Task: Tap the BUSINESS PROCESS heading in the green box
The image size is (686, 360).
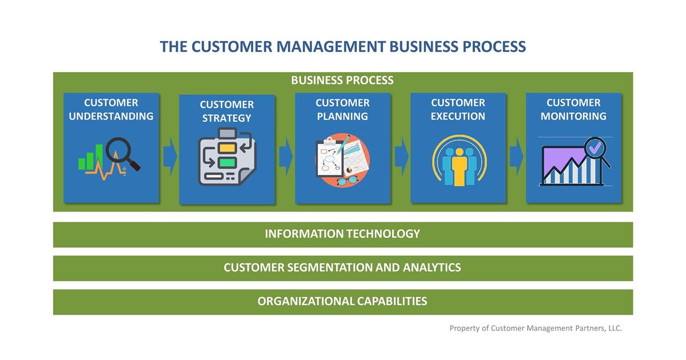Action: coord(342,80)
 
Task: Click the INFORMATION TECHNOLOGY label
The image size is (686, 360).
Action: coord(342,234)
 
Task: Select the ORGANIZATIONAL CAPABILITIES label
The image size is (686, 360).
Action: coord(342,301)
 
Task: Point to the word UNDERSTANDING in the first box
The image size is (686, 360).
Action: coord(111,116)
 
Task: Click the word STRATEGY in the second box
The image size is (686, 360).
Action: coord(227,118)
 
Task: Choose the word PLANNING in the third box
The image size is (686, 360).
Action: coord(342,116)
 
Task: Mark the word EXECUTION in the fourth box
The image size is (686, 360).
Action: coord(458,116)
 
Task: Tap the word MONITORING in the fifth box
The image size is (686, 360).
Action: coord(573,116)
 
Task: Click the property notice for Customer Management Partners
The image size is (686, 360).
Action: coord(536,328)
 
